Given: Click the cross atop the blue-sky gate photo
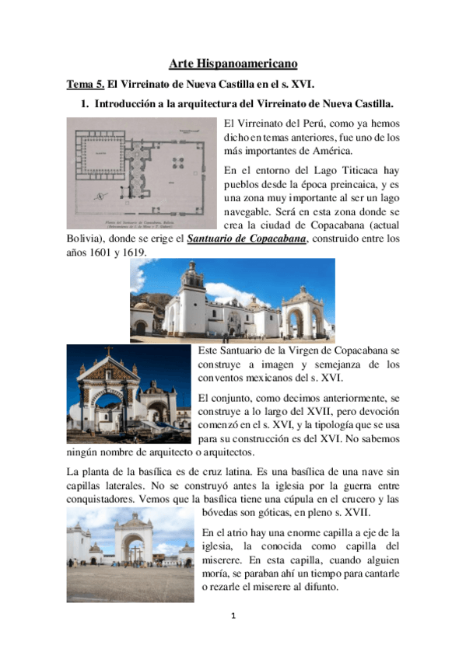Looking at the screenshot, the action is [109, 350].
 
